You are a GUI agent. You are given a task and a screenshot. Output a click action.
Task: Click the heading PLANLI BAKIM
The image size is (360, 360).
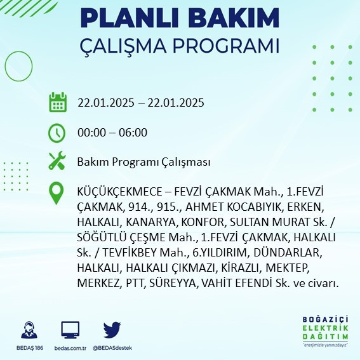(x=180, y=18)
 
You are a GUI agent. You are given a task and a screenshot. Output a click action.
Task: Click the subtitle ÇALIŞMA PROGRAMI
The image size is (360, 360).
(x=180, y=47)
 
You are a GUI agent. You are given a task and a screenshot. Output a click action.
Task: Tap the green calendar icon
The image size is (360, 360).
(x=58, y=102)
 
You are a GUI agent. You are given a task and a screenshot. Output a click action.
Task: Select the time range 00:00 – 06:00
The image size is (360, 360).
(x=112, y=133)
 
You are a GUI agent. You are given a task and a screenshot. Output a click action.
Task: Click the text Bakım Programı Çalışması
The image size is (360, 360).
(x=143, y=163)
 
